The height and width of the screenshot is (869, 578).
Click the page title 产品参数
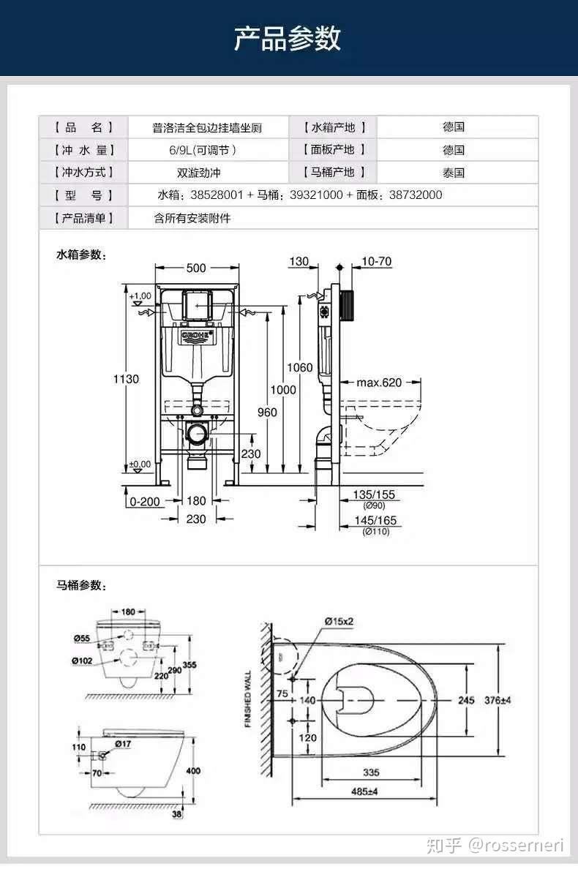pos(288,38)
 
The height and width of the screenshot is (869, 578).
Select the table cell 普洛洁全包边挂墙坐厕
pos(207,128)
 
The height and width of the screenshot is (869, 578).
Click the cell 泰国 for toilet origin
pos(454,173)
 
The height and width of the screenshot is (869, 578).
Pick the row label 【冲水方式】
pos(83,173)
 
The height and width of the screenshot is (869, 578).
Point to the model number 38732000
pos(415,195)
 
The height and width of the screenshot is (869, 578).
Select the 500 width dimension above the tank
pos(196,268)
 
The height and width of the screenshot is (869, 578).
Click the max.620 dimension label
pos(379,382)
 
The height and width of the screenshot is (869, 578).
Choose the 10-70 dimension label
pos(376,261)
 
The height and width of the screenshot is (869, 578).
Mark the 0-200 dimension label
pos(144,502)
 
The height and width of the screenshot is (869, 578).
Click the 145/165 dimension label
pos(375,520)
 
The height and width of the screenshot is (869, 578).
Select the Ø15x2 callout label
pos(339,621)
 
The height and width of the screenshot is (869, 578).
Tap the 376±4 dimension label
pos(498,700)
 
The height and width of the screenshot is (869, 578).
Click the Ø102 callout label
pos(81,661)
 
